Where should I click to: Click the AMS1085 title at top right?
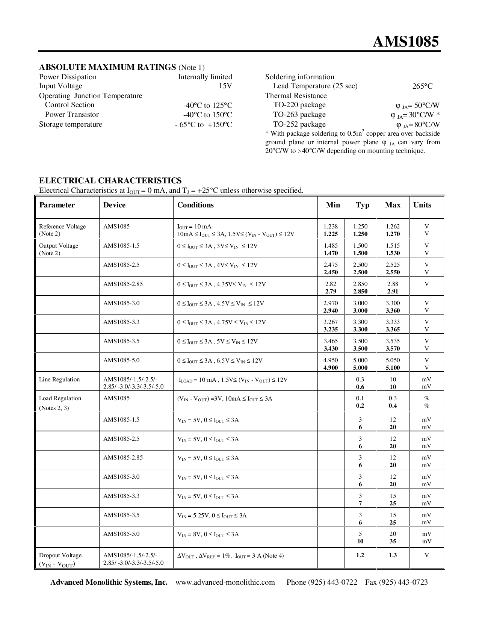(406, 41)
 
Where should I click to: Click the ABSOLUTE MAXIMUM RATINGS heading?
(107, 67)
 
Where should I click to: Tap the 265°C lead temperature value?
(422, 86)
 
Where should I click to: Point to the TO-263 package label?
(299, 115)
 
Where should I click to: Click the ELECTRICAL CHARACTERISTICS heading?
(110, 181)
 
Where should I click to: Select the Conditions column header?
(195, 205)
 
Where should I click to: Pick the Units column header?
(422, 205)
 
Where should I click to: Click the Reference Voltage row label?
(62, 227)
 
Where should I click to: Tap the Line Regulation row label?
(59, 380)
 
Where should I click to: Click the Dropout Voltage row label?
(60, 555)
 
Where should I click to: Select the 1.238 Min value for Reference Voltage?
(331, 227)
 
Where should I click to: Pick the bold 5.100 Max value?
(393, 368)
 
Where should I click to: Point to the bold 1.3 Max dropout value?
(393, 555)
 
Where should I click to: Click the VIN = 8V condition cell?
(208, 535)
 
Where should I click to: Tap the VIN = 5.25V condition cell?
(212, 516)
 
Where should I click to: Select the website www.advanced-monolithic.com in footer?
(225, 582)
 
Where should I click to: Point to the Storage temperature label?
(71, 124)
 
